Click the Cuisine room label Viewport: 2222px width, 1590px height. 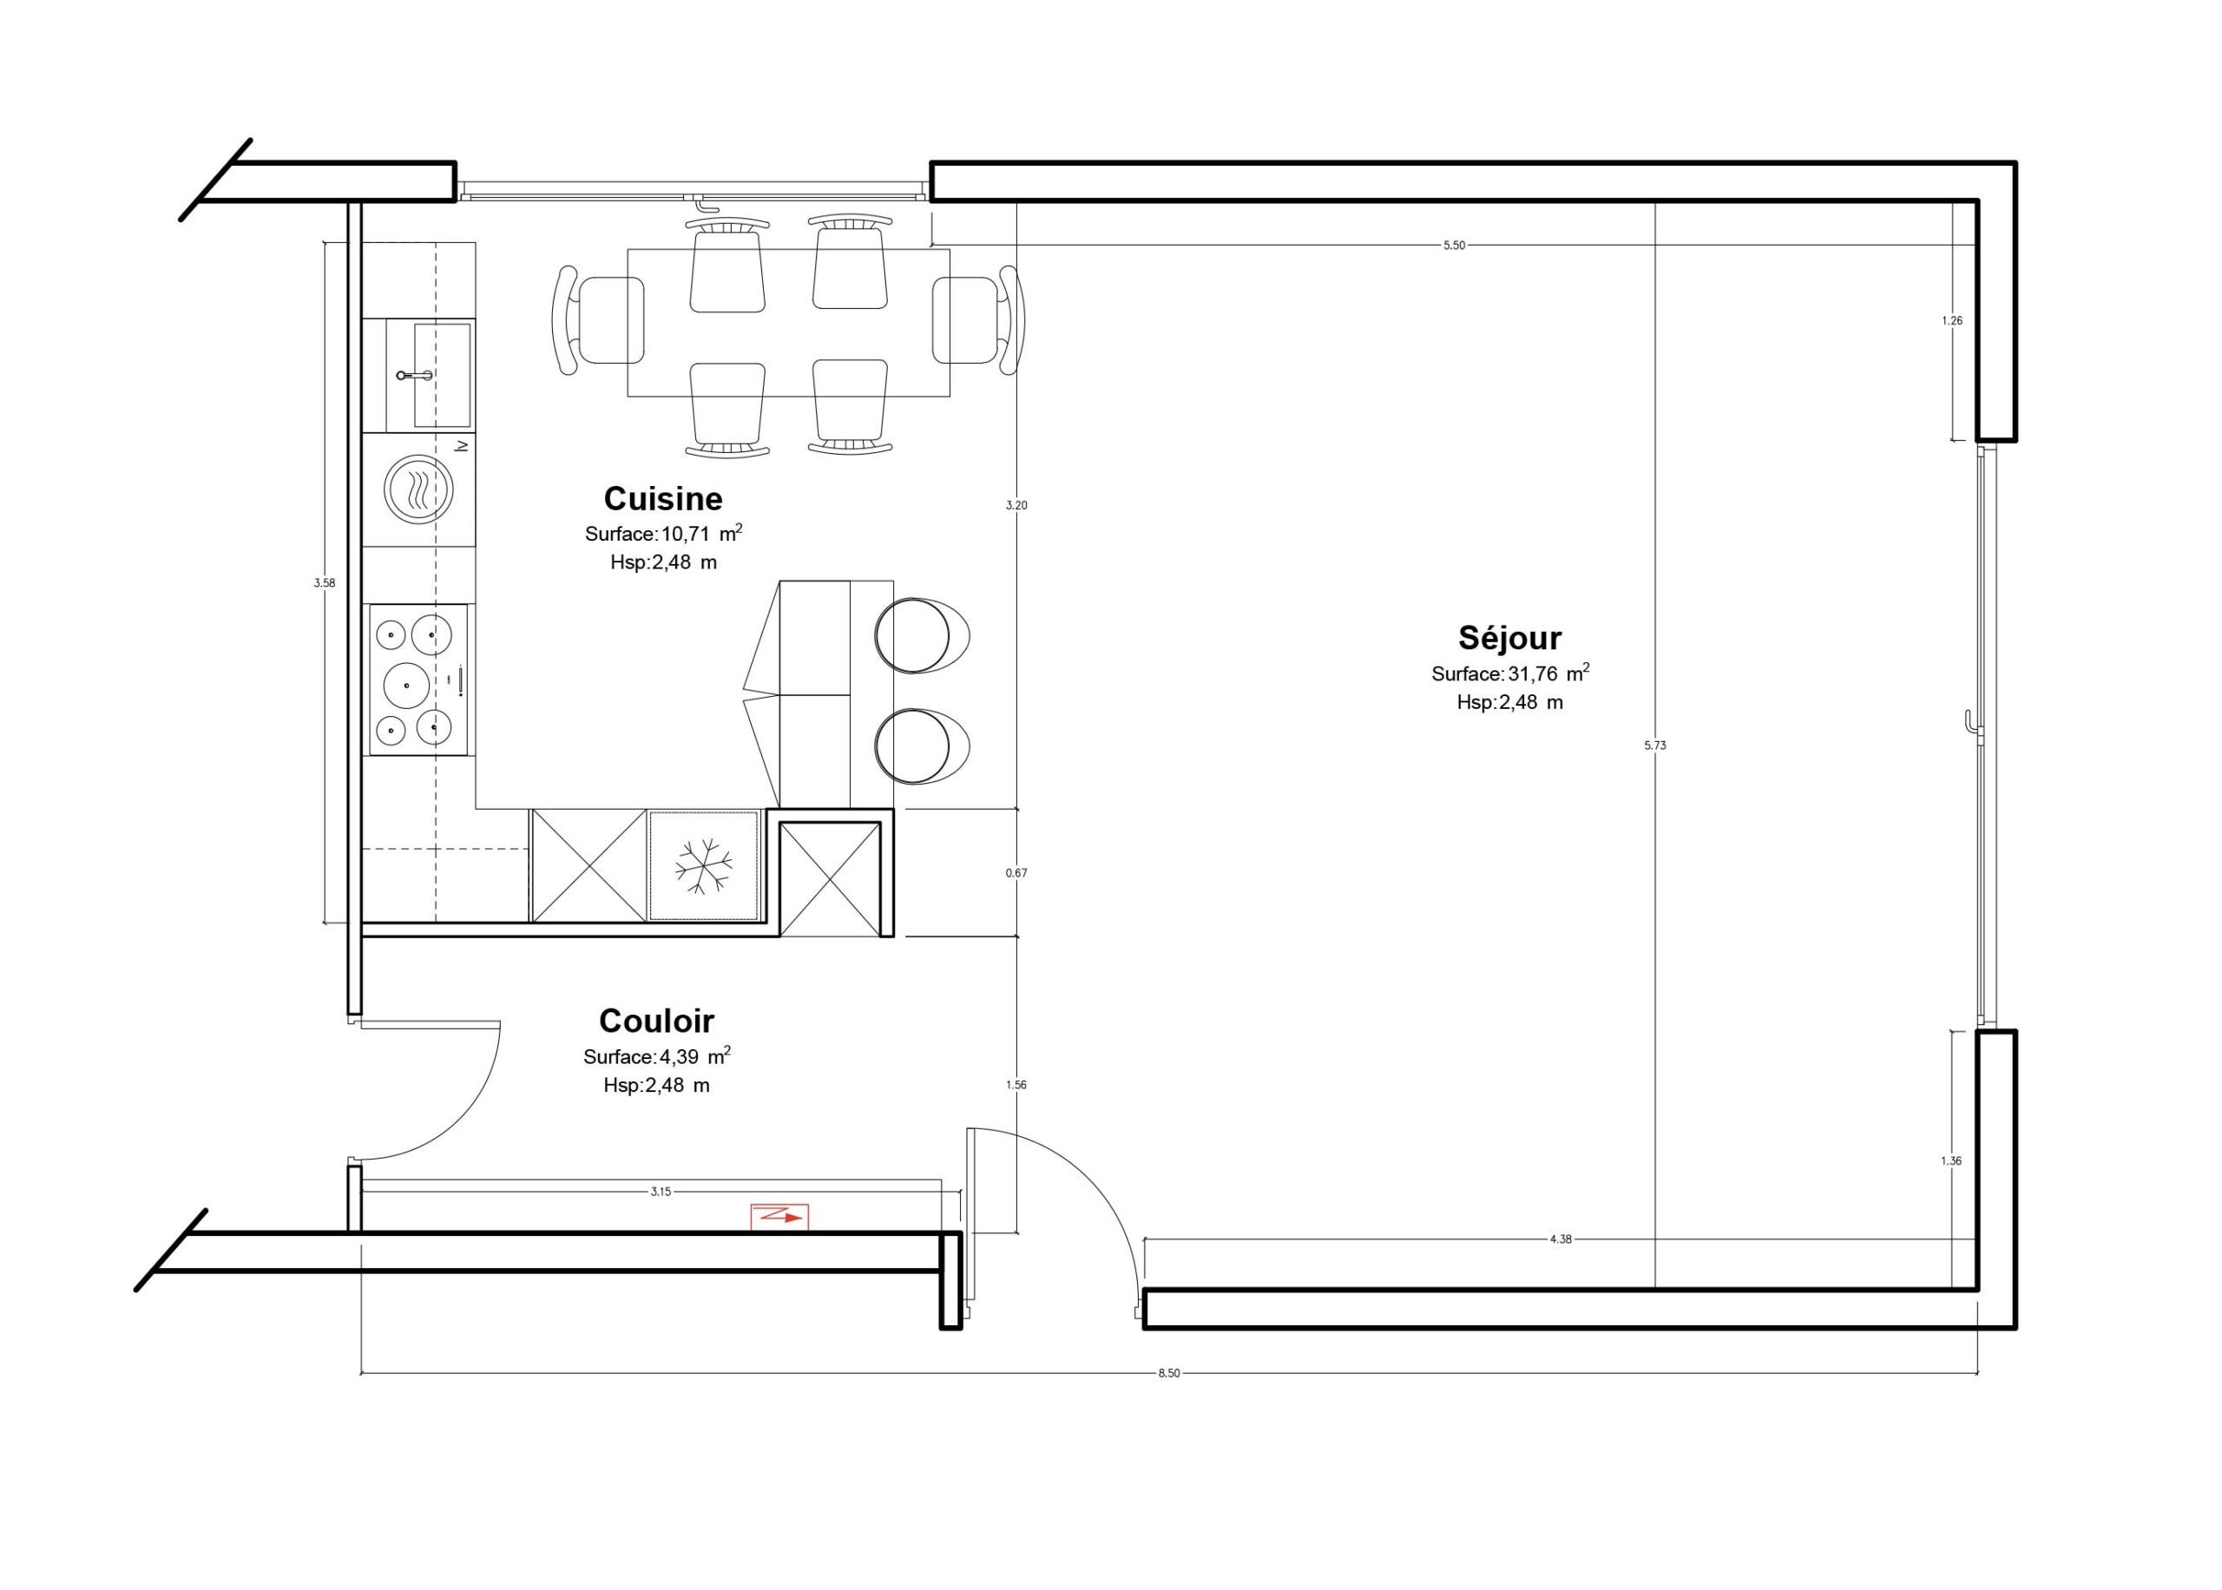click(662, 499)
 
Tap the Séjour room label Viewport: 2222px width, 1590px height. click(1510, 639)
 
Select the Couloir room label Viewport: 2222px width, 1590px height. click(657, 1022)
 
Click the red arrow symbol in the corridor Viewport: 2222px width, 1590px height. click(780, 1216)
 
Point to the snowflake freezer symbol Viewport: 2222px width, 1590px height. click(704, 865)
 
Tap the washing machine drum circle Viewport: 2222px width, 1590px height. click(419, 489)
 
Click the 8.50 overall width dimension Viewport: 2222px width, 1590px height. click(1169, 1374)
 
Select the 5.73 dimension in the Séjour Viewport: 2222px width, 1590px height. click(1654, 745)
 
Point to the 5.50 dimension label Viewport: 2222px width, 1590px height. click(1455, 245)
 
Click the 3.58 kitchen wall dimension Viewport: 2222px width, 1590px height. click(324, 582)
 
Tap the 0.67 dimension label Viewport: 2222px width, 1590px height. click(1016, 872)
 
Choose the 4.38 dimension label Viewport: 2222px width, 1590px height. click(1561, 1239)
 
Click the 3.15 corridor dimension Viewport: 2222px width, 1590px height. click(661, 1192)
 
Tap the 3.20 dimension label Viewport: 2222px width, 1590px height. click(1016, 505)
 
